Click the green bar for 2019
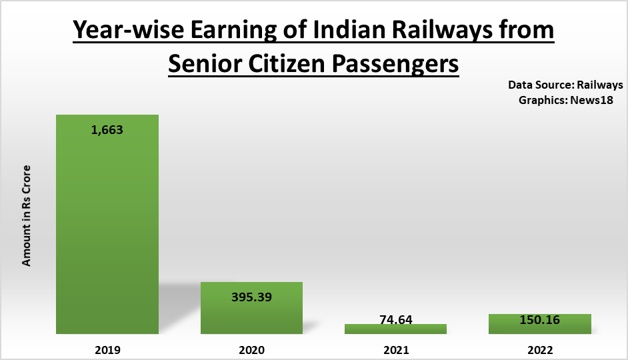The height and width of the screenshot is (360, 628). (x=107, y=227)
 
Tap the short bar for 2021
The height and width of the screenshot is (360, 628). (x=395, y=329)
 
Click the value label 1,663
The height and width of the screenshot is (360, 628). (x=107, y=130)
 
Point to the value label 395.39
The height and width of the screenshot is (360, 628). (x=252, y=296)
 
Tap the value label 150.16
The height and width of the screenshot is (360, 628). (x=539, y=320)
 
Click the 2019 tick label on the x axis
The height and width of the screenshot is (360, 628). (x=107, y=349)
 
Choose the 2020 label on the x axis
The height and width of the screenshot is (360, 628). (x=251, y=349)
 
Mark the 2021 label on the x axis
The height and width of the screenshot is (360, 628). (x=396, y=349)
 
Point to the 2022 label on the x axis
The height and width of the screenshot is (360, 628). (x=540, y=349)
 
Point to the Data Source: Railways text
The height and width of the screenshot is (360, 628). (x=565, y=85)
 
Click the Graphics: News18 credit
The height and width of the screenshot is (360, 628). (x=571, y=99)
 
